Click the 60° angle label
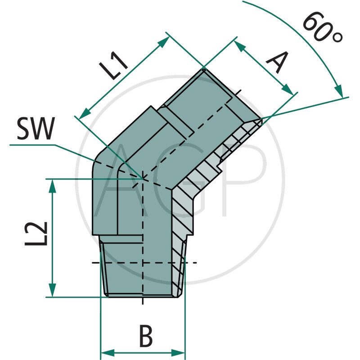[322, 28]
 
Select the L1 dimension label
[113, 66]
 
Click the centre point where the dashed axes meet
[142, 179]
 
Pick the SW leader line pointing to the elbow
[76, 152]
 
